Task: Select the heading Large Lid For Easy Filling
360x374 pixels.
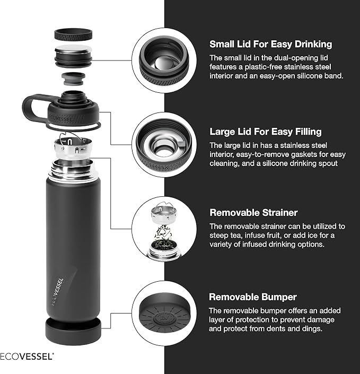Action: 265,132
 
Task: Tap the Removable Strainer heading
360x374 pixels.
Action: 253,213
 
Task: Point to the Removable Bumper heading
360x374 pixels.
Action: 253,297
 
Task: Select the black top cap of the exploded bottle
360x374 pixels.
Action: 73,35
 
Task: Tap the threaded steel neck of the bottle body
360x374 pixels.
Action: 73,171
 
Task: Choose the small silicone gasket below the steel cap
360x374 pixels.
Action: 73,79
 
